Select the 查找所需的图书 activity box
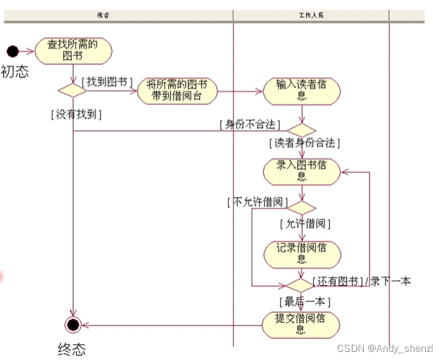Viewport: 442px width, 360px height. tap(73, 51)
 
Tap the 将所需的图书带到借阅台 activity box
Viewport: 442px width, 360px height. tap(177, 91)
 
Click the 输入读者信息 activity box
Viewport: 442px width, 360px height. tap(302, 91)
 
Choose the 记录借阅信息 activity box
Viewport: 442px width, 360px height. tap(302, 252)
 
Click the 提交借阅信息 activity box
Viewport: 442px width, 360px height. tap(302, 324)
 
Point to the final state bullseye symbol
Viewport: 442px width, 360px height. tap(73, 324)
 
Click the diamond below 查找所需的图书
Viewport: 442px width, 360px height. tap(73, 91)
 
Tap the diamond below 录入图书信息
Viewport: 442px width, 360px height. tap(302, 208)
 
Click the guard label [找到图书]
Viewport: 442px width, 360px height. tap(107, 82)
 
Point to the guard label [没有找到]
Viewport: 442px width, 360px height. tap(76, 114)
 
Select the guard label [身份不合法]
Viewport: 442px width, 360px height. tap(249, 124)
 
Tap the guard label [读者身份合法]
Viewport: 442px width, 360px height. tap(304, 143)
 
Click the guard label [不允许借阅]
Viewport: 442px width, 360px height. tap(258, 202)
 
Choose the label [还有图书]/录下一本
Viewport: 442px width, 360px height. tap(361, 281)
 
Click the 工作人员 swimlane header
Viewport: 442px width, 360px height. tap(311, 15)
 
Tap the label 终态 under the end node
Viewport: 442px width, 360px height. tap(72, 349)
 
